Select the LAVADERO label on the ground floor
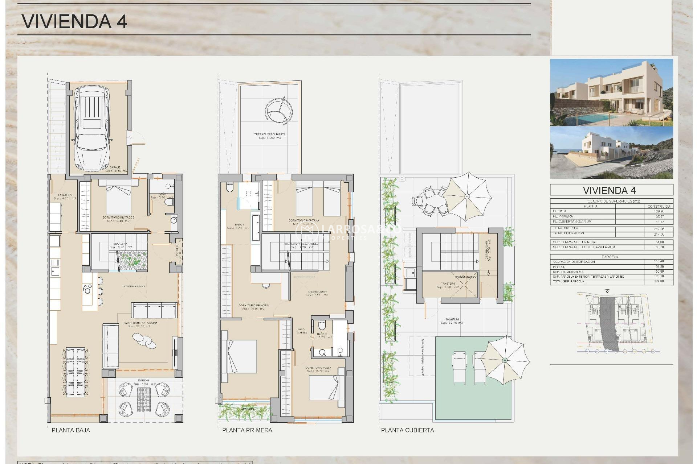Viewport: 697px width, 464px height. (x=65, y=195)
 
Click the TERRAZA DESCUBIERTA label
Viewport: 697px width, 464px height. (x=270, y=134)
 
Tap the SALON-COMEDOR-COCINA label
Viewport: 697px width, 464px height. (x=140, y=323)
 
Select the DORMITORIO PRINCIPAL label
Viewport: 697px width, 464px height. (x=254, y=306)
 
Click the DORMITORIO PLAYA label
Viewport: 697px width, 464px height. (x=318, y=368)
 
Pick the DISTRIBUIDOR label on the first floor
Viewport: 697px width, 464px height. (x=317, y=292)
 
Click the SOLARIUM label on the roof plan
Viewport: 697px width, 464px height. (x=452, y=319)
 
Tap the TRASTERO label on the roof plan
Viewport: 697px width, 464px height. (x=448, y=283)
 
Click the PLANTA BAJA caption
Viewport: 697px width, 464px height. (x=71, y=430)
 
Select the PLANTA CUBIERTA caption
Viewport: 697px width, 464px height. (x=407, y=430)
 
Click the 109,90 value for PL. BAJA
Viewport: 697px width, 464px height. (x=659, y=211)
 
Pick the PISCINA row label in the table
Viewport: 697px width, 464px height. (x=559, y=267)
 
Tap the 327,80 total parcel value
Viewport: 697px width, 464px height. (x=659, y=281)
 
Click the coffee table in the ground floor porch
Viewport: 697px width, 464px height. (x=144, y=400)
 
